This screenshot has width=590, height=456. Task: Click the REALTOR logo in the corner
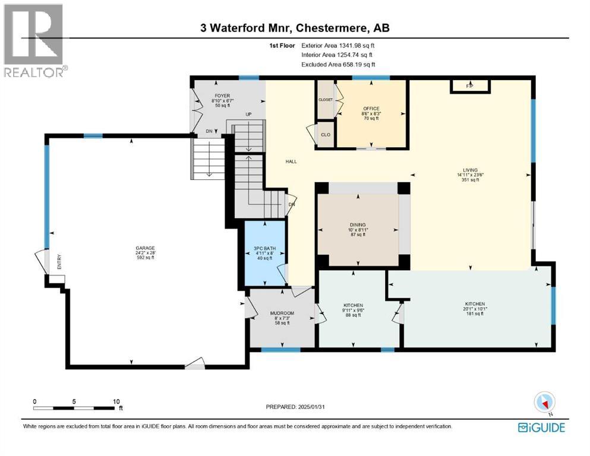coord(34,40)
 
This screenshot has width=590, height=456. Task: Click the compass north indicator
coord(544,403)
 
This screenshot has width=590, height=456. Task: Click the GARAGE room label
coord(144,252)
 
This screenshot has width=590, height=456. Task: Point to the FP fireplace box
coord(469,86)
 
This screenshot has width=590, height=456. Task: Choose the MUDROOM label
coord(281,317)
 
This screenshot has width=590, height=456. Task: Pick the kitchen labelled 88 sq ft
coord(353,309)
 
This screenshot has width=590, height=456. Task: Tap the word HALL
coord(291,161)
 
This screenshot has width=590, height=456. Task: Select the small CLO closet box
coord(326,134)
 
